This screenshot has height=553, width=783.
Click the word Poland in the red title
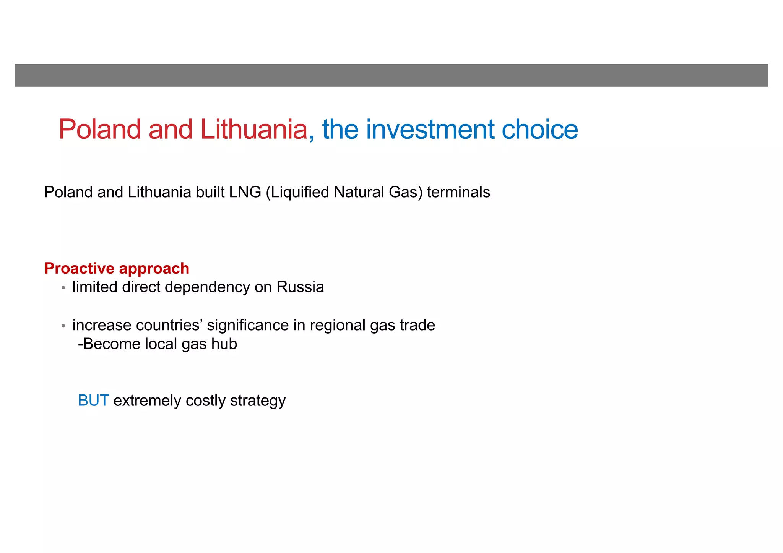(100, 129)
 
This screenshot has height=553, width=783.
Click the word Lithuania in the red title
(253, 129)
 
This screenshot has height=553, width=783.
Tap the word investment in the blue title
(430, 129)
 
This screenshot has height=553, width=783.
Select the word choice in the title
(539, 129)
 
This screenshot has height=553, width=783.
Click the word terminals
(458, 192)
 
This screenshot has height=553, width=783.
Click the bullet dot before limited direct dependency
(63, 288)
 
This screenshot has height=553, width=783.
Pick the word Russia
(300, 287)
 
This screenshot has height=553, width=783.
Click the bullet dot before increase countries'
(63, 326)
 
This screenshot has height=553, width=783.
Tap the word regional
(338, 326)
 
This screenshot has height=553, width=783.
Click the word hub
(226, 344)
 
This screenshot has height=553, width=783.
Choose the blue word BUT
(93, 401)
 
